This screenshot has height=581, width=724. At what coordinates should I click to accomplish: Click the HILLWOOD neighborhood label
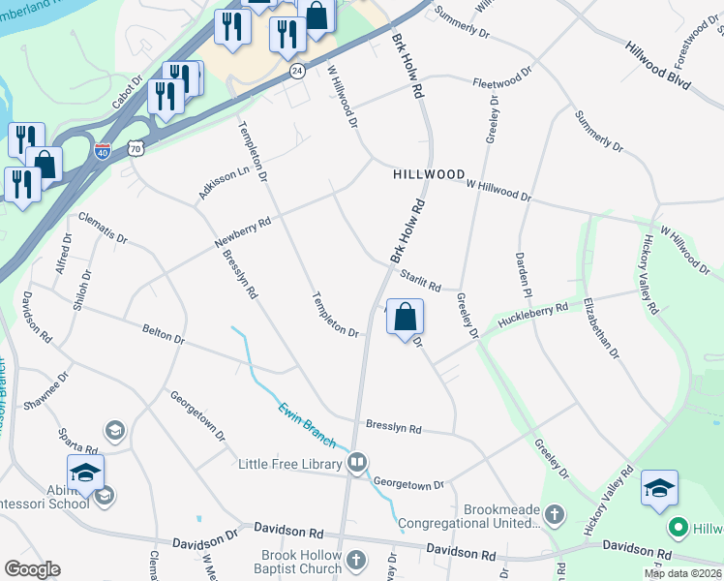click(429, 174)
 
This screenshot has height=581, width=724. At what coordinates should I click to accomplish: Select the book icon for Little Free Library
click(357, 463)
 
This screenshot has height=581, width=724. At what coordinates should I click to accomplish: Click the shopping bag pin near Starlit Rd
click(405, 317)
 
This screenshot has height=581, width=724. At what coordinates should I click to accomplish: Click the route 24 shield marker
click(297, 72)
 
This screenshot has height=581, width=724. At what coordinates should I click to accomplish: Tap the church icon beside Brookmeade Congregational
click(554, 513)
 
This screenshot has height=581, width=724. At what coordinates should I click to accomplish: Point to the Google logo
click(33, 569)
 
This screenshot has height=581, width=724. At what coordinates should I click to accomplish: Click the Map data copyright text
click(682, 573)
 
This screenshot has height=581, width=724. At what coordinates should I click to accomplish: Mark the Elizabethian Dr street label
click(600, 328)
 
